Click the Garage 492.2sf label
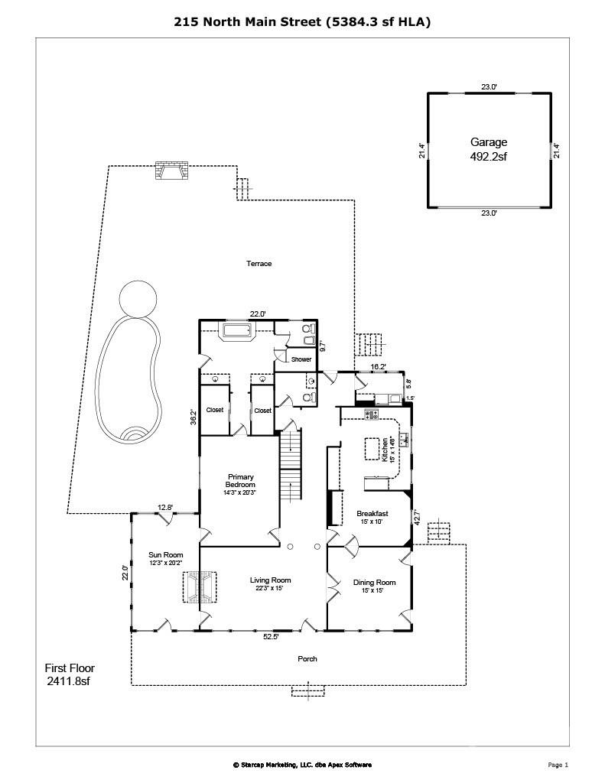click(488, 149)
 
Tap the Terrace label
click(259, 264)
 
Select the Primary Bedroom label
click(239, 485)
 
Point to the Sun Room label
click(165, 559)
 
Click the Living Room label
click(270, 584)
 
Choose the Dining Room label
click(374, 586)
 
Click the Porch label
click(307, 658)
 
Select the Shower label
click(301, 359)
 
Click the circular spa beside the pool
click(138, 297)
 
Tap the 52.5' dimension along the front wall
click(271, 636)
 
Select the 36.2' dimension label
click(194, 418)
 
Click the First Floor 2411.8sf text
click(70, 674)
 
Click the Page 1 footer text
click(558, 765)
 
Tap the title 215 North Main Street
click(302, 22)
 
